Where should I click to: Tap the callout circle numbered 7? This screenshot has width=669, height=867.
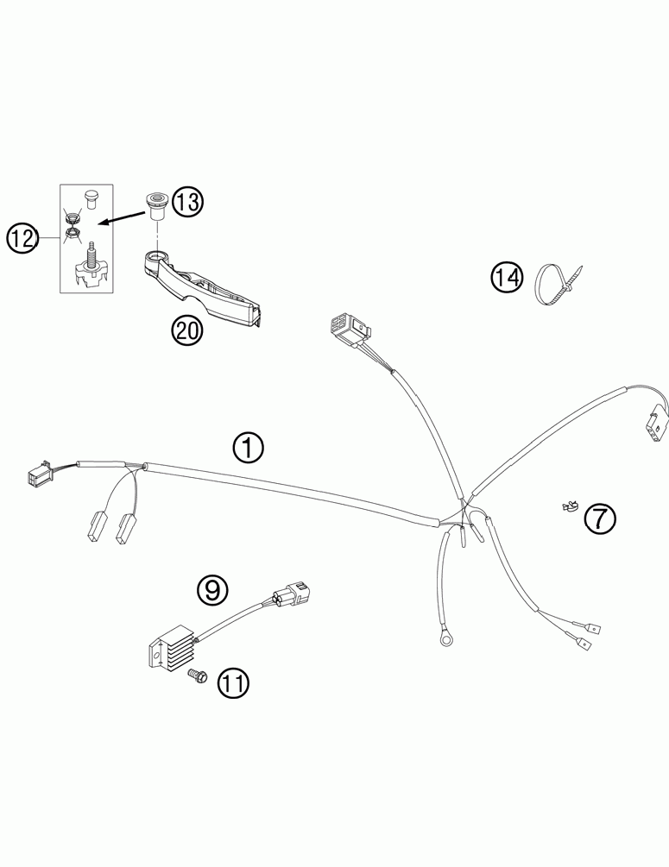599,518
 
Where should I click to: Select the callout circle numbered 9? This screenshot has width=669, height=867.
212,589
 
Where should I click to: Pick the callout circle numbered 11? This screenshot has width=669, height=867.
231,683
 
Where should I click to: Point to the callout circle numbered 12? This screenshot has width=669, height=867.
23,237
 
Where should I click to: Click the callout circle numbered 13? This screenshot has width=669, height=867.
187,202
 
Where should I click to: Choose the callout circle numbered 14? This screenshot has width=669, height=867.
507,278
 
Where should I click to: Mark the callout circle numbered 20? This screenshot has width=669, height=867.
187,331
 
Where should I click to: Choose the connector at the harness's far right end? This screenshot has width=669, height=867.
655,424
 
